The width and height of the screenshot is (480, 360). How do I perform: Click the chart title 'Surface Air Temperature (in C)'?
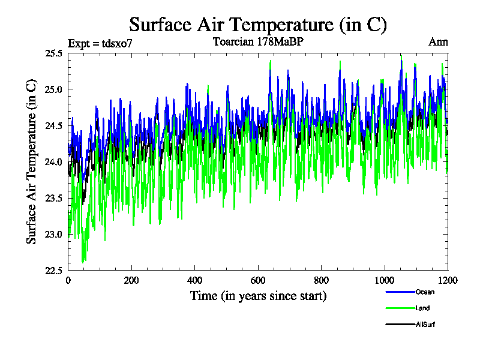pos(258,25)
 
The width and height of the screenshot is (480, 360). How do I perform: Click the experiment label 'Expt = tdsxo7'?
pos(100,43)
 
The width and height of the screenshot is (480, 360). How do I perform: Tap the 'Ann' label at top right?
pos(438,42)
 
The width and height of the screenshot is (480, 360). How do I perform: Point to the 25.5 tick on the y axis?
pos(53,53)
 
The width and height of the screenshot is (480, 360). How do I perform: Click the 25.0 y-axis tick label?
pos(53,89)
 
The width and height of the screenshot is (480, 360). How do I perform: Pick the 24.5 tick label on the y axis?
pos(53,126)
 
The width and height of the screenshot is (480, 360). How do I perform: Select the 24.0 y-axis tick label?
pos(53,162)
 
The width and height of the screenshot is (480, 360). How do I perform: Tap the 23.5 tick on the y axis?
pos(53,198)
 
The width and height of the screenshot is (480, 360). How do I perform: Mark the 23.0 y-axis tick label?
pos(53,234)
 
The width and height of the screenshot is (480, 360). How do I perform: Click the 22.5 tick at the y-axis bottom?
pos(53,271)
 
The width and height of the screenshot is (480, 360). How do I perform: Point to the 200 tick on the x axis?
pos(131,280)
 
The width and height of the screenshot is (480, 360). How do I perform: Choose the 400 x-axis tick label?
pos(194,280)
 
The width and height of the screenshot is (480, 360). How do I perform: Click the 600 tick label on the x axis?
pos(257,280)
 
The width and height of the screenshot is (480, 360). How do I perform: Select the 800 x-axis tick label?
pos(321,280)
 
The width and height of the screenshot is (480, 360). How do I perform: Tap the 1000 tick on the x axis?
pos(384,280)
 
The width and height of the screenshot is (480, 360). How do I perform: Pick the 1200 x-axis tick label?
pos(447,280)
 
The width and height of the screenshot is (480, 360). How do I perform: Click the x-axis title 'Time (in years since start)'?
pos(258,296)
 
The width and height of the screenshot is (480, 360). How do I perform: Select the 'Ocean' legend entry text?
pos(424,292)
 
